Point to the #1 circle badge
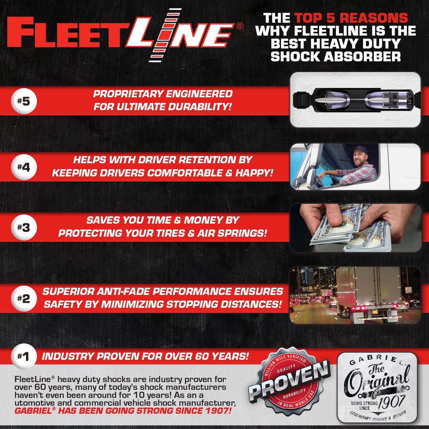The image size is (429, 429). click(24, 356)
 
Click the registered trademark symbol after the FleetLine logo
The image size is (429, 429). click(240, 26)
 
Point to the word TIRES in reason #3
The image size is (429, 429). click(169, 233)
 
